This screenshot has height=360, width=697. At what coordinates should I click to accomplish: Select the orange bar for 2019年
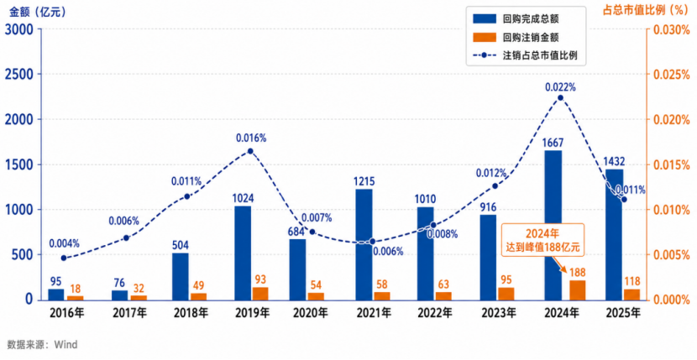click(x=260, y=294)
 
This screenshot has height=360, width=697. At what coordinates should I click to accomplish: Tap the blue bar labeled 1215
click(x=364, y=245)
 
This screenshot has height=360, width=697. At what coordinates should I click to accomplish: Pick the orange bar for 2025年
click(x=631, y=295)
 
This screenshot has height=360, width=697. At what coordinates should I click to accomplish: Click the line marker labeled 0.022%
click(x=560, y=98)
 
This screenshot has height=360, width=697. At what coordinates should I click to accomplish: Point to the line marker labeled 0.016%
click(x=249, y=151)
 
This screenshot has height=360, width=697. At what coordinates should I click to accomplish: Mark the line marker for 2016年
click(x=64, y=258)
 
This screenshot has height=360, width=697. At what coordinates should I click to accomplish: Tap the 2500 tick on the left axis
click(x=20, y=74)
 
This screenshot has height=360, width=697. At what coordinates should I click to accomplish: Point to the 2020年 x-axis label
click(x=309, y=313)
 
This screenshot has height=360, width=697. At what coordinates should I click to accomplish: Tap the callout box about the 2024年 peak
click(x=542, y=239)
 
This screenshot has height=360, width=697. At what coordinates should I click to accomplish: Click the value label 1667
click(x=553, y=143)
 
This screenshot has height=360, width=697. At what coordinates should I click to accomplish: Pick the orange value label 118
click(x=631, y=281)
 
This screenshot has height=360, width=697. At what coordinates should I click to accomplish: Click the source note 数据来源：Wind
click(x=42, y=345)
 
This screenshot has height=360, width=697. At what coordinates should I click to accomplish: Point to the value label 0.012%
click(x=491, y=173)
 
